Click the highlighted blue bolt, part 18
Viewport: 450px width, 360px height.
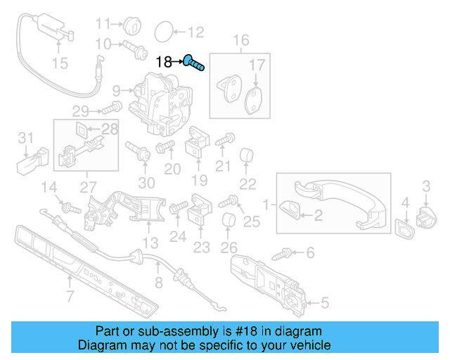pyautogui.click(x=195, y=63)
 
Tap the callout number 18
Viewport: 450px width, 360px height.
pyautogui.click(x=163, y=62)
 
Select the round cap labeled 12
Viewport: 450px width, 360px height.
pyautogui.click(x=163, y=31)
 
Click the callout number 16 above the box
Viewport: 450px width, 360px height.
pyautogui.click(x=240, y=41)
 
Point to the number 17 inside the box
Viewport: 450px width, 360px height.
pyautogui.click(x=257, y=65)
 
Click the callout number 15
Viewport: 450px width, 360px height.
pyautogui.click(x=60, y=64)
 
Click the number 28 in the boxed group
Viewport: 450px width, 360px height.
pyautogui.click(x=110, y=129)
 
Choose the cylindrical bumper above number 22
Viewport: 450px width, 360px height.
pyautogui.click(x=247, y=155)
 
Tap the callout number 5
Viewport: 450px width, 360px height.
pyautogui.click(x=323, y=304)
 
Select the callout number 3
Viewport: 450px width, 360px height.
pyautogui.click(x=426, y=186)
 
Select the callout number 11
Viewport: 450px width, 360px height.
pyautogui.click(x=103, y=23)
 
